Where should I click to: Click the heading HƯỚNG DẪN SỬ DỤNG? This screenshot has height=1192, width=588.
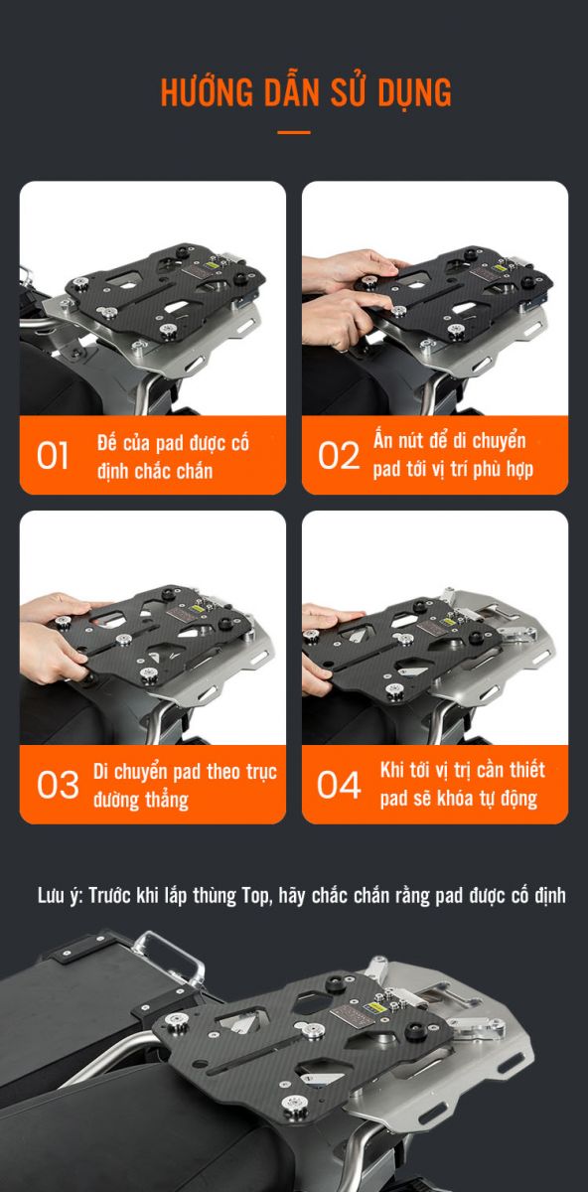pyautogui.click(x=306, y=91)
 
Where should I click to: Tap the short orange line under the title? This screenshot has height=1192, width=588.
pyautogui.click(x=294, y=132)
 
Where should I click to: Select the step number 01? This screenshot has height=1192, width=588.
pyautogui.click(x=53, y=456)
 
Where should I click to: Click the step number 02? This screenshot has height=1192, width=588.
pyautogui.click(x=339, y=456)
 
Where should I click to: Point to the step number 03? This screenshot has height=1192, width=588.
pyautogui.click(x=58, y=785)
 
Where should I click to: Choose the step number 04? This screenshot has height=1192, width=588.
pyautogui.click(x=339, y=785)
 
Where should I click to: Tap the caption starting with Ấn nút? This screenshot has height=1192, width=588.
pyautogui.click(x=453, y=456)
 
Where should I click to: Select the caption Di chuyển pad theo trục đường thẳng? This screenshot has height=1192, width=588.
pyautogui.click(x=185, y=786)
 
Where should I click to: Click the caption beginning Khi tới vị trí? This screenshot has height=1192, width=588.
pyautogui.click(x=463, y=785)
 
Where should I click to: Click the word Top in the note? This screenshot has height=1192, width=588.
pyautogui.click(x=257, y=896)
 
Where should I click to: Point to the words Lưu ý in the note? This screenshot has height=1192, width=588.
pyautogui.click(x=61, y=896)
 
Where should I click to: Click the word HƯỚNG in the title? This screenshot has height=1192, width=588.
pyautogui.click(x=207, y=91)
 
